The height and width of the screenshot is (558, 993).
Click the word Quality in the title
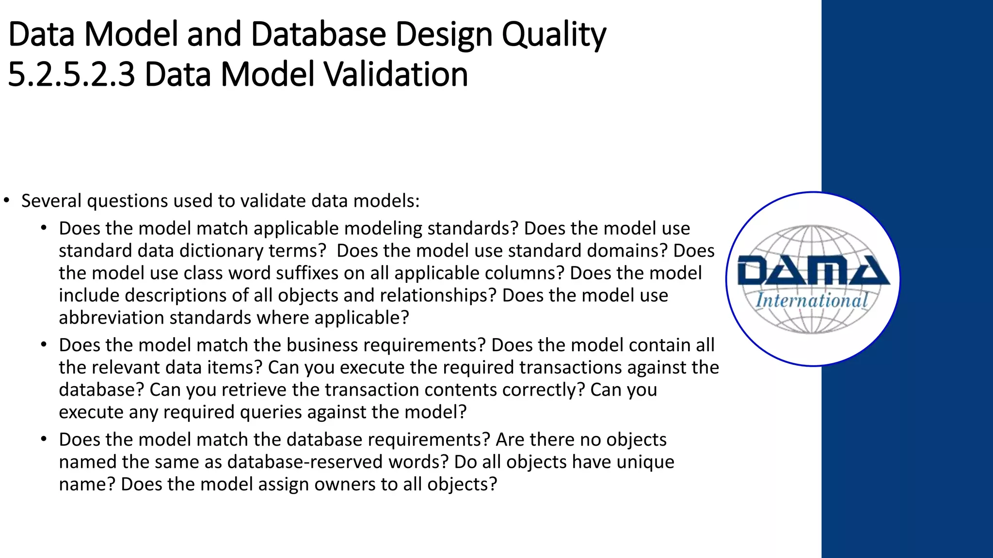(x=553, y=35)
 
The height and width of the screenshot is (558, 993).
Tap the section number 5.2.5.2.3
(x=71, y=75)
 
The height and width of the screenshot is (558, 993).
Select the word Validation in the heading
(x=395, y=75)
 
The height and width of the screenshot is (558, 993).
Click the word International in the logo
(x=812, y=301)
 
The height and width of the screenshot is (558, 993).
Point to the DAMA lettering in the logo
(x=813, y=271)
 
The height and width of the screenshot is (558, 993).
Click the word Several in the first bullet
(x=51, y=201)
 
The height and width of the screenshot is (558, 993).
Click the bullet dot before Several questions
(x=6, y=201)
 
